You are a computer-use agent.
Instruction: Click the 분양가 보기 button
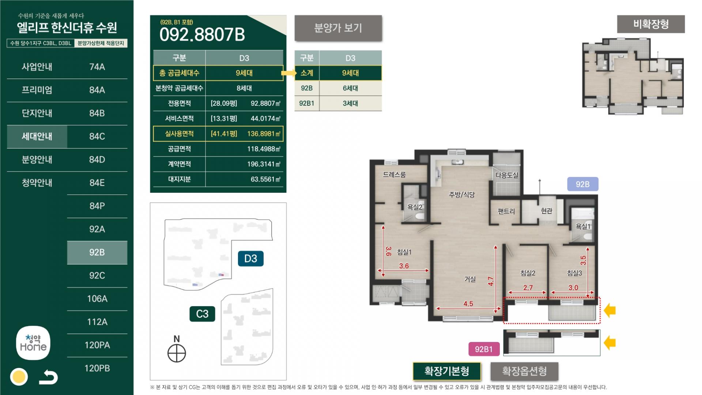coord(338,28)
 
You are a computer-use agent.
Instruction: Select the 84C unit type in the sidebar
coord(97,136)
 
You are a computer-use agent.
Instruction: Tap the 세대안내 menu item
coord(37,136)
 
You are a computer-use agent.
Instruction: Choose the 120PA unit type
coord(97,345)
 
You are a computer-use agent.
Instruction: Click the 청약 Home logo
coord(33,343)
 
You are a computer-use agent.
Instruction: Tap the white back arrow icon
coord(49,377)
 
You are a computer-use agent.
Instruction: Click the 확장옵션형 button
coord(524,372)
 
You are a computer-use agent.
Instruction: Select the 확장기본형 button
coord(447,372)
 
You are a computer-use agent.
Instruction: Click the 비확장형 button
coord(651,24)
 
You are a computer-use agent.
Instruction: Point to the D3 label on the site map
coord(251,259)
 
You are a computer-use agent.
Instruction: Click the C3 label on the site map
coord(202,314)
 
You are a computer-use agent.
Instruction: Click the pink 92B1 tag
coord(484,349)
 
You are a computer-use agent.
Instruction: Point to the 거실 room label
coord(470,279)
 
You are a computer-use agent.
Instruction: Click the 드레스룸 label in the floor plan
coord(394,174)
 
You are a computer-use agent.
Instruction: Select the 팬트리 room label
coord(506,211)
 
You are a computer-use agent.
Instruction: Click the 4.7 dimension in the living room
coord(491,281)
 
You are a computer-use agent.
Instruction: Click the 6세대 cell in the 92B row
coord(350,88)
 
